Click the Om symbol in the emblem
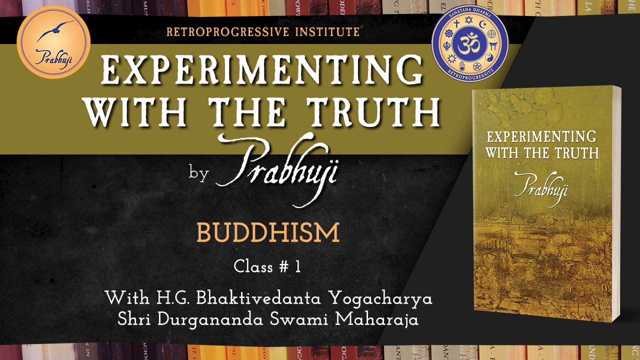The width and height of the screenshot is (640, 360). pos(469,45)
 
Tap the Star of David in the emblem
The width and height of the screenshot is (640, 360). pos(468,20)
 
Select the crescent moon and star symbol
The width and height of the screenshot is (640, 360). pos(482,23)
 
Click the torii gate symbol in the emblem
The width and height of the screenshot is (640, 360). pos(493,46)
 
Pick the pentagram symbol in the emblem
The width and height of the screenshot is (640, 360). pos(476,66)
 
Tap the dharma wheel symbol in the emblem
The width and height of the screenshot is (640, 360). pos(449,33)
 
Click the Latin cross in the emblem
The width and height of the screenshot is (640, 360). pos(456,23)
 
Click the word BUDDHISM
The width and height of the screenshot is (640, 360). pos(268,232)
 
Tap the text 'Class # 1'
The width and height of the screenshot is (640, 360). pos(267,267)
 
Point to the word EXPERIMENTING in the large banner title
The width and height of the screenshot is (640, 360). pos(261,69)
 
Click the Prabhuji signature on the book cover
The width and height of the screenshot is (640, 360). pos(541,189)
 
